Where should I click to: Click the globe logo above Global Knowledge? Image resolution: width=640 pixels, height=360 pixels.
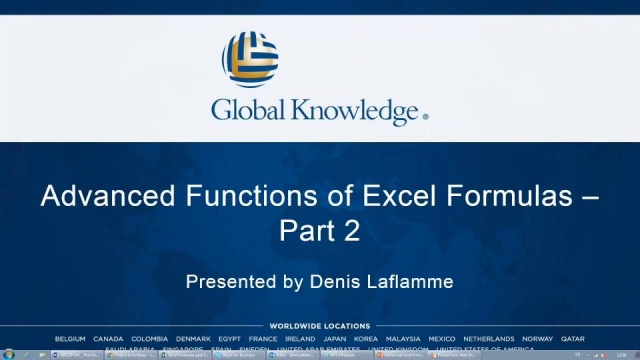250,58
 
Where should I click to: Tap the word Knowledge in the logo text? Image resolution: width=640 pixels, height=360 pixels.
355,110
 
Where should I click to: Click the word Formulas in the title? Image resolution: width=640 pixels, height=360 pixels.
502,196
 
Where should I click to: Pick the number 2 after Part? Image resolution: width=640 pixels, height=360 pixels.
351,231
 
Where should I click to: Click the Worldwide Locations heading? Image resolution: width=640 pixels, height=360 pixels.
320,326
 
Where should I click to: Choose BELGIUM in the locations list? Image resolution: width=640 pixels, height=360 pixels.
70,339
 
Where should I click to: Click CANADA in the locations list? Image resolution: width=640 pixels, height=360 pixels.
108,339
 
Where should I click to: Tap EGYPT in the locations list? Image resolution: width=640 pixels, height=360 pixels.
229,339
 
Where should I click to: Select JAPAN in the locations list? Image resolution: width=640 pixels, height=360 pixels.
334,339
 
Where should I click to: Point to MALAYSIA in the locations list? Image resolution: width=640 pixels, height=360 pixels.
403,339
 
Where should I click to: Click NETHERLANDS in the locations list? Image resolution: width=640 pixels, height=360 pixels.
489,339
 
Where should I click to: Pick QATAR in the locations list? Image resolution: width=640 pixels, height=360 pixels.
573,339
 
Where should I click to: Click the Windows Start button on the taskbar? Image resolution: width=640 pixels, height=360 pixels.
8,354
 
